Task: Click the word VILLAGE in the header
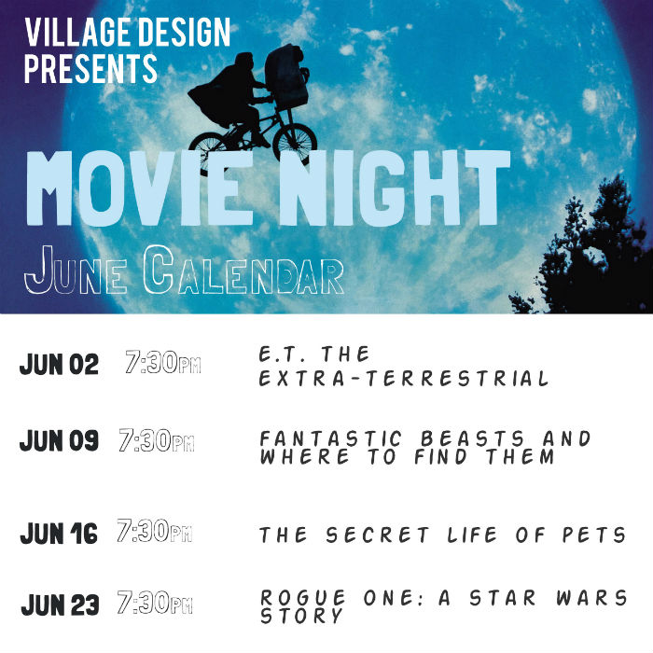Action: [76, 33]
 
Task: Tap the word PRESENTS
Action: [90, 68]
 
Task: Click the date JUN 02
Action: [59, 365]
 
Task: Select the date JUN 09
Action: [59, 441]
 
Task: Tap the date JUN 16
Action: [59, 535]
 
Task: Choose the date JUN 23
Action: [60, 605]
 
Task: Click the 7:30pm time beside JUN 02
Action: [163, 363]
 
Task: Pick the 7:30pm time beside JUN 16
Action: [155, 532]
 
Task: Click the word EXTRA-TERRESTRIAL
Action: [404, 379]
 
